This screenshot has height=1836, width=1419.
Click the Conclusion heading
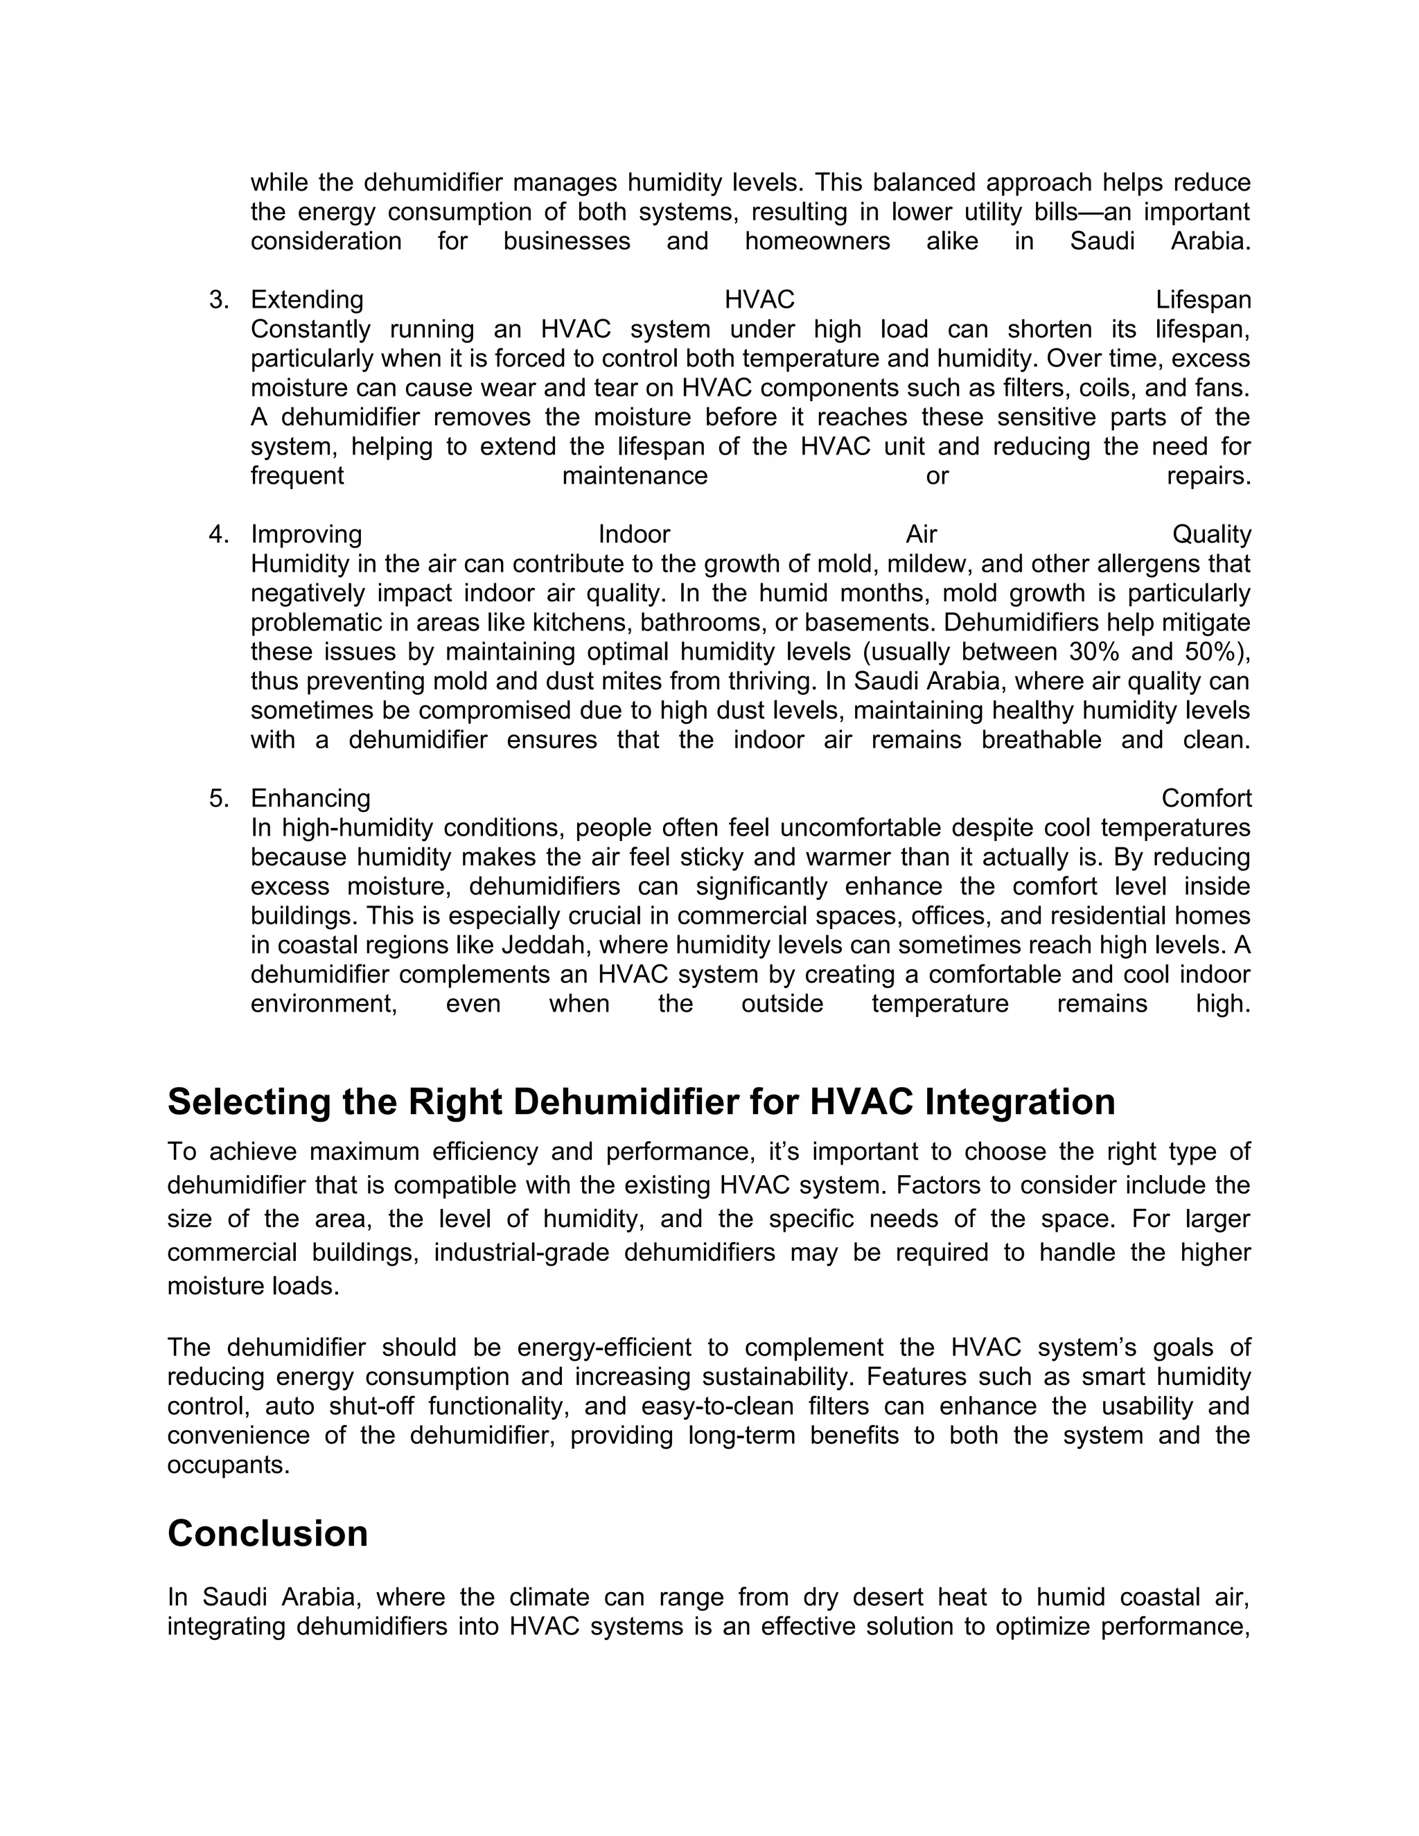click(267, 1534)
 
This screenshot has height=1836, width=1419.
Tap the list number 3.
click(218, 300)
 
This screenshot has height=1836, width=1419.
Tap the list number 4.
click(218, 535)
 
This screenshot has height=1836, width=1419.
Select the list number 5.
click(218, 799)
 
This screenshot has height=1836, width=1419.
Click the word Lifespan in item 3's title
click(1203, 300)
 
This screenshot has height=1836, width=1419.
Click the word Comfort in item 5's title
click(1206, 799)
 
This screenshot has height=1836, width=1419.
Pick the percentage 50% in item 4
click(1211, 653)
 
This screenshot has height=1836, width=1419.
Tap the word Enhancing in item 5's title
click(310, 799)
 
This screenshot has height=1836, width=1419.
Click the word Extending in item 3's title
click(307, 300)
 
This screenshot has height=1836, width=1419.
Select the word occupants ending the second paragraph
click(227, 1465)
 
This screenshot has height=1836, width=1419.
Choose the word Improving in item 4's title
click(306, 535)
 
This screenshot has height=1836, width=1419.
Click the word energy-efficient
click(603, 1348)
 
